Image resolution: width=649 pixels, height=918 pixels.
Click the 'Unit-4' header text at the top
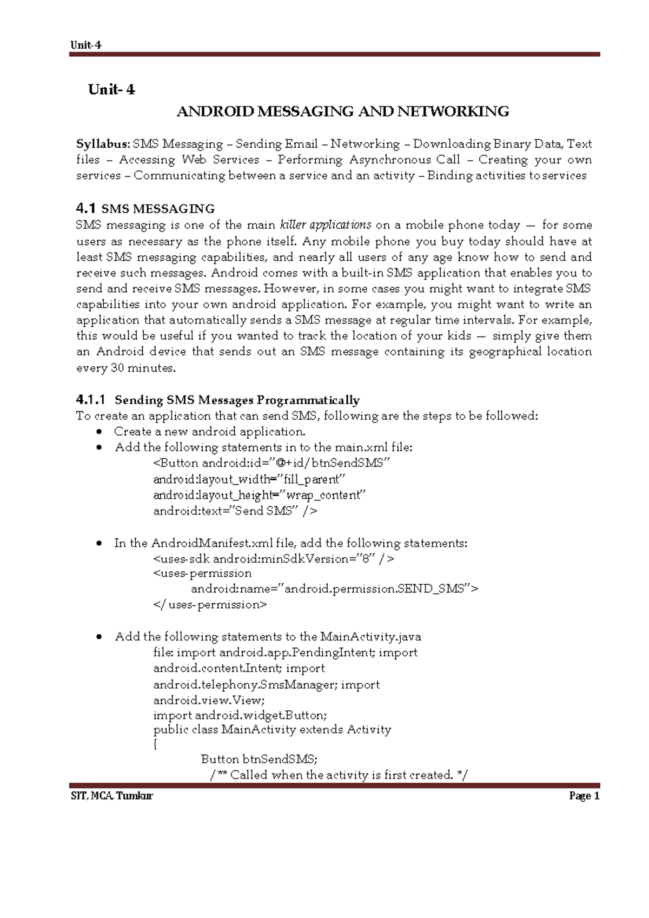85,45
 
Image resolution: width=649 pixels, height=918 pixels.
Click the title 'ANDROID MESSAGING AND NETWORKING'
343,112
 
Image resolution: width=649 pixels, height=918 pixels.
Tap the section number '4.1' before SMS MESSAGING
86,208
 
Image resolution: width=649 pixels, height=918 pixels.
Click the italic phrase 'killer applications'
326,225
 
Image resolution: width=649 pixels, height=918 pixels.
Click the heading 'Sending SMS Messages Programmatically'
237,400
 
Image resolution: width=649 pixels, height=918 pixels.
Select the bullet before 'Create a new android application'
98,432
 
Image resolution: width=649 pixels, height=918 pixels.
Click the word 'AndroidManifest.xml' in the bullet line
212,543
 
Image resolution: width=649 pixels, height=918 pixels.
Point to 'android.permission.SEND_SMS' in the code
374,589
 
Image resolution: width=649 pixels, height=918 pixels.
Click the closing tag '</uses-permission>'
210,605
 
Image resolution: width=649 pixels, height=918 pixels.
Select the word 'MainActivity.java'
370,637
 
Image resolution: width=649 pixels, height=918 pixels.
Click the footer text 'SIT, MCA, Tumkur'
112,796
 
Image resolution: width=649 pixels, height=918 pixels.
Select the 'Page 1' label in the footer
584,796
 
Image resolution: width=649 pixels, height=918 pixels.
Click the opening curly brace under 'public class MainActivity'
156,744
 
